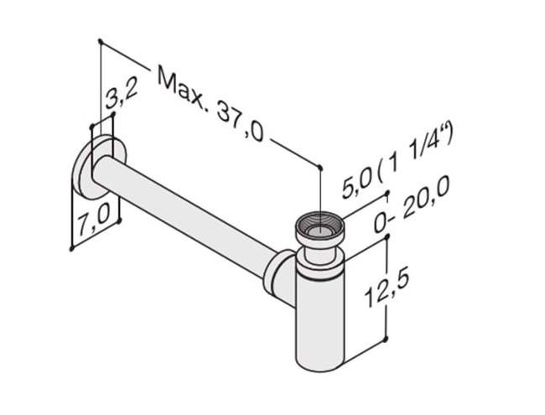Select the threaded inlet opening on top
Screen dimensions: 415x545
click(318, 225)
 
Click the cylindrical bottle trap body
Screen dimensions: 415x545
click(319, 314)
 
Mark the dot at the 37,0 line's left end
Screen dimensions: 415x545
click(100, 40)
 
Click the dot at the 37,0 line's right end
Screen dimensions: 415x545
click(320, 166)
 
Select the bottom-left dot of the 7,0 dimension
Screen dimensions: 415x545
click(72, 248)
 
